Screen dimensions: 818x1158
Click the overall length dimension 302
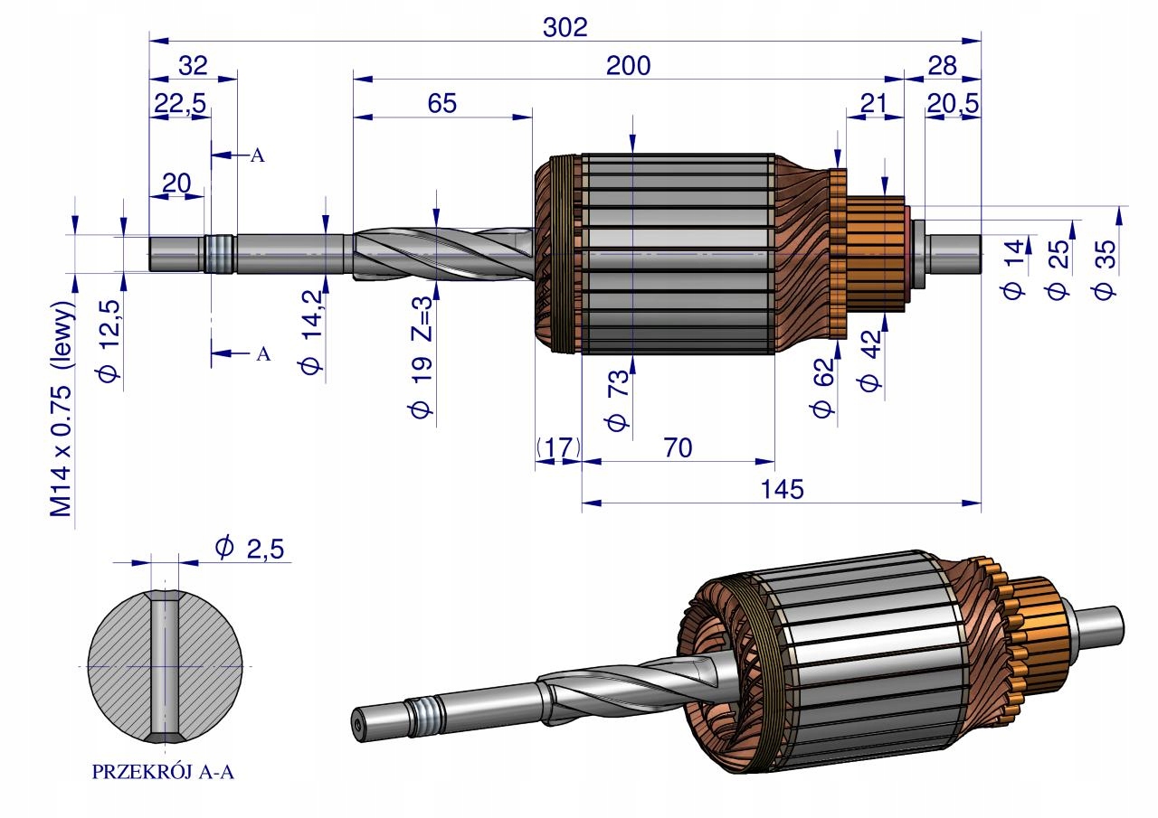tap(565, 27)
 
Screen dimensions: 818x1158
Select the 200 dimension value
tap(629, 65)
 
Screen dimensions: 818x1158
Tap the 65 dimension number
tap(441, 103)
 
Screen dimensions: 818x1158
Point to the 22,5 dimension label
tap(177, 103)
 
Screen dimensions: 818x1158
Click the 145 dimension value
tap(782, 489)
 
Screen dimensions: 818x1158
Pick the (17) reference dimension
tap(557, 447)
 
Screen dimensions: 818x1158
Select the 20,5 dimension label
tap(953, 103)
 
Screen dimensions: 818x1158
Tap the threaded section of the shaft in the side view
tap(220, 254)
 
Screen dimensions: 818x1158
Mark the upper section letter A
tap(258, 155)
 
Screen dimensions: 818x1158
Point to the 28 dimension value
tap(941, 65)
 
